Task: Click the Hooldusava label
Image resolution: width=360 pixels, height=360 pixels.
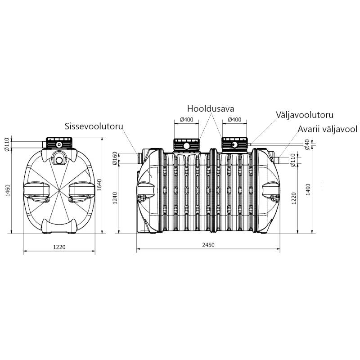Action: (211, 108)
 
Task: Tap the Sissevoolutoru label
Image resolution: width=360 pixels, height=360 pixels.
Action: (94, 126)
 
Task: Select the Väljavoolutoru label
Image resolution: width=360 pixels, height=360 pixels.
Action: (305, 115)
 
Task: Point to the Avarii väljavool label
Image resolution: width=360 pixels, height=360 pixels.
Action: (328, 129)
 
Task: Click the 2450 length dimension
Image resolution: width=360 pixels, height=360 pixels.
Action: (208, 245)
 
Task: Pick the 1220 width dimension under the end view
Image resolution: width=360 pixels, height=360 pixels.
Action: (59, 247)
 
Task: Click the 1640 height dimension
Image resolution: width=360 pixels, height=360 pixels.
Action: (99, 185)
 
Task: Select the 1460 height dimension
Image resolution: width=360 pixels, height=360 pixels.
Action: (8, 190)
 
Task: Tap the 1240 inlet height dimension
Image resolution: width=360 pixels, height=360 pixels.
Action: (115, 198)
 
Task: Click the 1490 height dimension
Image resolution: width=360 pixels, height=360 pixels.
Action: (308, 189)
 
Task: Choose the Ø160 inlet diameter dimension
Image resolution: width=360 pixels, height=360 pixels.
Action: (115, 158)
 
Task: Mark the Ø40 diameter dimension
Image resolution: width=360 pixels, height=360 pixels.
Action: (307, 144)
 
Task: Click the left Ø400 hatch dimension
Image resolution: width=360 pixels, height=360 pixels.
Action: (186, 120)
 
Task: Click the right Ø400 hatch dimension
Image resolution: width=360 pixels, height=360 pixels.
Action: (234, 120)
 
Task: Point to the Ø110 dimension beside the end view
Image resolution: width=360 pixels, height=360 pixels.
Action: (7, 144)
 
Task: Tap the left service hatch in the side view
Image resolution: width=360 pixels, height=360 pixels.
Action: (186, 144)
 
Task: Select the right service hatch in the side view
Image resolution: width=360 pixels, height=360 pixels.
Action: (234, 144)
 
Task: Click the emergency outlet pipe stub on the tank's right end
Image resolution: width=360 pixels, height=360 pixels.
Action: (277, 159)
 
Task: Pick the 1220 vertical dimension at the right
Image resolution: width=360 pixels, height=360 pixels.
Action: (294, 198)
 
